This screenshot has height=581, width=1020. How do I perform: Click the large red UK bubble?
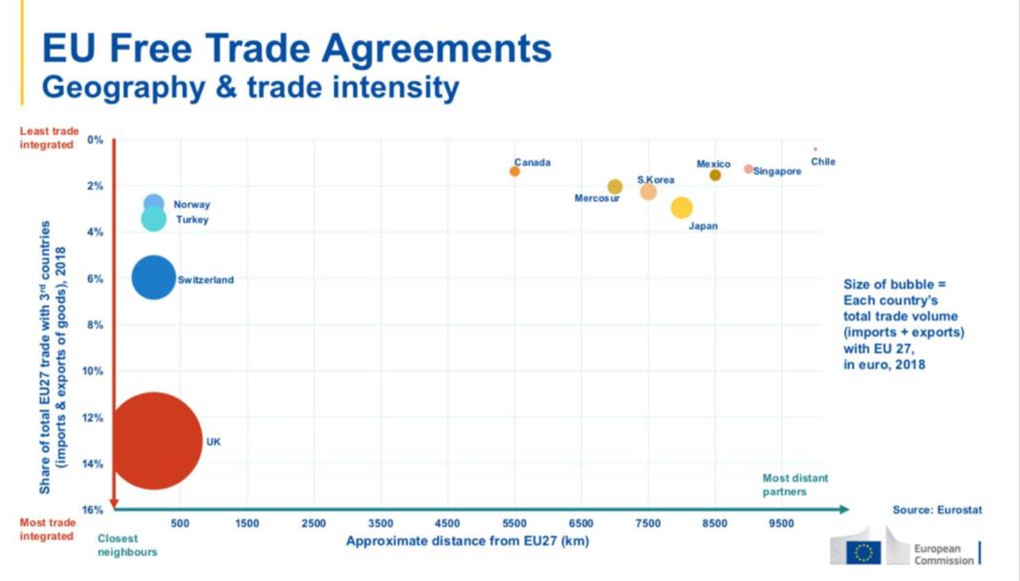click(x=155, y=441)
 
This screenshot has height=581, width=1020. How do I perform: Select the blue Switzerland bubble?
click(x=153, y=277)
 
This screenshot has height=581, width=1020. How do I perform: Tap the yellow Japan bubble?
click(x=681, y=207)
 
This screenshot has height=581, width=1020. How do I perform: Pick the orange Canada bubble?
click(x=514, y=171)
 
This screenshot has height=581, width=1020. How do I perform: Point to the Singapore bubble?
click(x=748, y=169)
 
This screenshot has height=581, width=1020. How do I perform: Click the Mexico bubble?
click(x=715, y=175)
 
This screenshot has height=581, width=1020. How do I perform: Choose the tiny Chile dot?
click(x=815, y=149)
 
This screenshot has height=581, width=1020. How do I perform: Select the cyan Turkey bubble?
click(x=153, y=219)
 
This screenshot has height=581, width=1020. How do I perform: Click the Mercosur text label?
click(x=597, y=198)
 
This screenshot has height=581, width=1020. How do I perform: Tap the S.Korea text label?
click(x=656, y=180)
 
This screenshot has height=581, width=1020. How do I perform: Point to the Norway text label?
click(x=191, y=205)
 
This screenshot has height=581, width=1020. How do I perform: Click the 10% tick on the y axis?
click(x=93, y=371)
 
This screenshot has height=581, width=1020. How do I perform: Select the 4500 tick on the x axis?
click(x=447, y=523)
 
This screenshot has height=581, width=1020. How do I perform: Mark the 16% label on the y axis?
click(x=93, y=510)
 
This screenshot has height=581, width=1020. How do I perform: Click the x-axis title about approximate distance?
click(x=467, y=541)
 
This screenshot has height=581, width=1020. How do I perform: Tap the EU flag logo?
click(x=863, y=553)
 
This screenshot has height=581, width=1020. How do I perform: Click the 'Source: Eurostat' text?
click(x=937, y=510)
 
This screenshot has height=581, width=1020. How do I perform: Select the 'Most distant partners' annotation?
click(x=794, y=485)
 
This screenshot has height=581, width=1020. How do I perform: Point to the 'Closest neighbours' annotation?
click(x=127, y=545)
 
